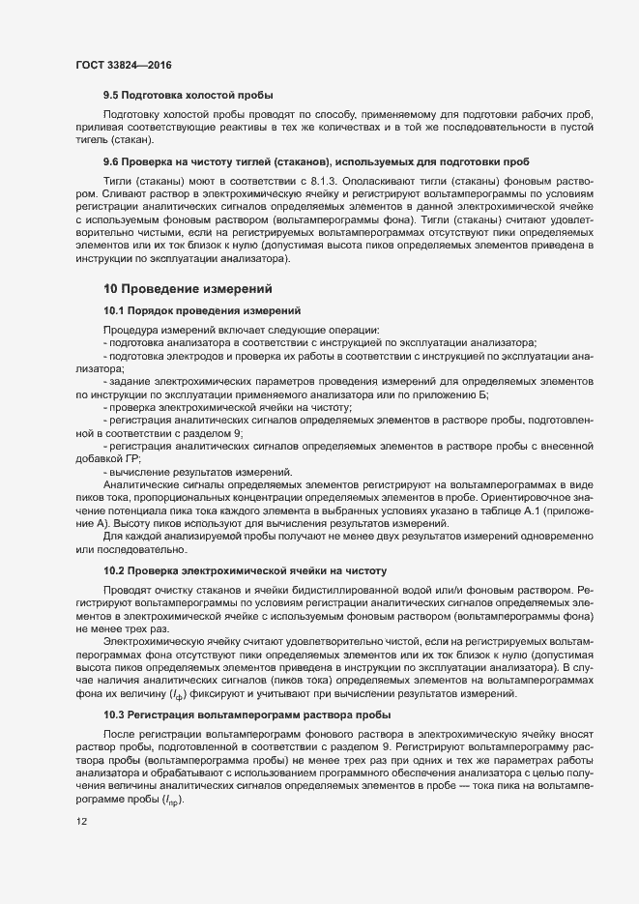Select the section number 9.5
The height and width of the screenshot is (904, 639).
[x=112, y=95]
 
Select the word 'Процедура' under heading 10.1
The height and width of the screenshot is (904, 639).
[x=128, y=331]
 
